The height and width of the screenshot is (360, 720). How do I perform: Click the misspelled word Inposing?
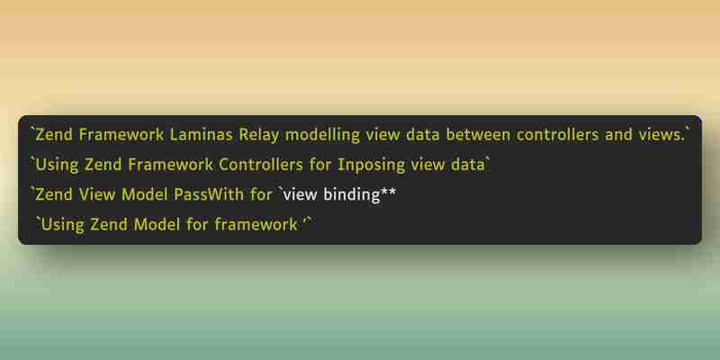click(x=372, y=166)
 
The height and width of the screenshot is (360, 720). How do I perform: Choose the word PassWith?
click(x=209, y=194)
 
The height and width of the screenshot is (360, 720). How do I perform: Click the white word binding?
click(x=351, y=195)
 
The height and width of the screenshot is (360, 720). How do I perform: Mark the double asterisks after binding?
click(x=388, y=192)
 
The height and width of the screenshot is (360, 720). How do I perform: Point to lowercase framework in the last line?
click(x=256, y=224)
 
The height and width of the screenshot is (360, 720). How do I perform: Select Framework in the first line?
click(x=121, y=134)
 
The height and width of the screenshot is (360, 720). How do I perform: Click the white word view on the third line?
click(x=301, y=194)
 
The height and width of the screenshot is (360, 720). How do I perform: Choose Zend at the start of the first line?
click(x=54, y=134)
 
